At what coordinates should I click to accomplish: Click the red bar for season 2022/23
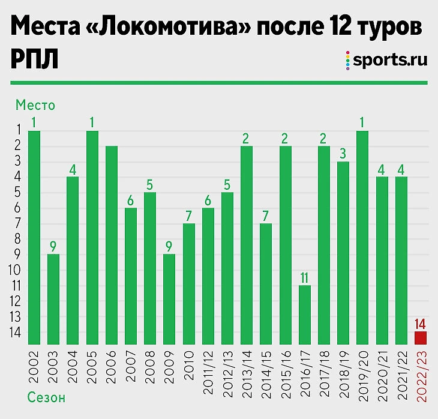420,338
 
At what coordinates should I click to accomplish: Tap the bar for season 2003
53,299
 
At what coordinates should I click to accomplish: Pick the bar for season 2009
169,299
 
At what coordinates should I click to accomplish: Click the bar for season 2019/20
362,237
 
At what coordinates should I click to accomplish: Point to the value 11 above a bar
305,276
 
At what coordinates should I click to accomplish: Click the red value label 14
420,324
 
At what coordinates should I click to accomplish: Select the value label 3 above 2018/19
343,152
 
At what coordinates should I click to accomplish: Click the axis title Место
35,105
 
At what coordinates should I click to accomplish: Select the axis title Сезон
46,397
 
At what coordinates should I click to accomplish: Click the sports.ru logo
387,60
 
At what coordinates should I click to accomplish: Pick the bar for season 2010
188,283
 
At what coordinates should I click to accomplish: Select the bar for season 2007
131,276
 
